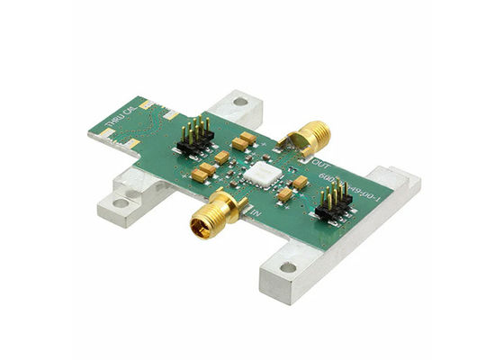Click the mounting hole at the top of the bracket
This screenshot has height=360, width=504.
(239, 102)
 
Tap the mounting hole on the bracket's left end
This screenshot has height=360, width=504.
(132, 191)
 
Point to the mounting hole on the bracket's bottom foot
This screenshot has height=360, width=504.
(288, 266)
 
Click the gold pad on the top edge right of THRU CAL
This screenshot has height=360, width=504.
(171, 114)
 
